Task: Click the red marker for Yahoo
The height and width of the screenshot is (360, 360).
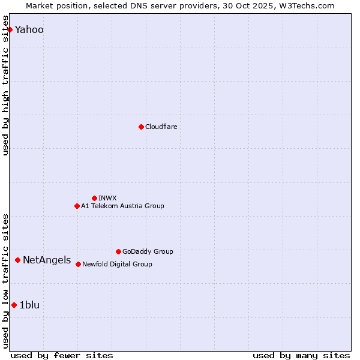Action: tap(10, 29)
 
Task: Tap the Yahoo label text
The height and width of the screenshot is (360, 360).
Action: tap(29, 30)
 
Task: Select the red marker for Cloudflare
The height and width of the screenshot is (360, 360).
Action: tap(141, 127)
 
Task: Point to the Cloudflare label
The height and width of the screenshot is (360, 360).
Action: tap(161, 127)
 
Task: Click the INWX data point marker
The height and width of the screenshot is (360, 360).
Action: tap(94, 198)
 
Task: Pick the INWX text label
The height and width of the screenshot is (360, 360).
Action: tap(107, 199)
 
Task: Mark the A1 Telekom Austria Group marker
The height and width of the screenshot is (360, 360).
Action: tap(77, 206)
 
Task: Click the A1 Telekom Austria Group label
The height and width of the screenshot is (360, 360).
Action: tap(122, 206)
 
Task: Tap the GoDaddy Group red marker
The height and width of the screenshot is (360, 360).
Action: tap(118, 251)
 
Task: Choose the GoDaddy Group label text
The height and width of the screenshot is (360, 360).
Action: tap(147, 252)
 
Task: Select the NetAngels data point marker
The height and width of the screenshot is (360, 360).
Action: tap(18, 260)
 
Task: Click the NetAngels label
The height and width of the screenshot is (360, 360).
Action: tap(47, 260)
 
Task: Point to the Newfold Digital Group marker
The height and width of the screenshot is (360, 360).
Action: tap(78, 264)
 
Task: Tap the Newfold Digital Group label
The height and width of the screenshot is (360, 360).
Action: tap(117, 265)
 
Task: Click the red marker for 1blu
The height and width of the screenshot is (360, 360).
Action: tap(14, 305)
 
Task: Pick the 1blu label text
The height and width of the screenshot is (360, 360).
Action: tap(29, 305)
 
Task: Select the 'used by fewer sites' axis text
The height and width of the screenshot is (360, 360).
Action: tap(62, 355)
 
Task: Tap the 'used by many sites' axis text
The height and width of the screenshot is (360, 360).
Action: tap(301, 355)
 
